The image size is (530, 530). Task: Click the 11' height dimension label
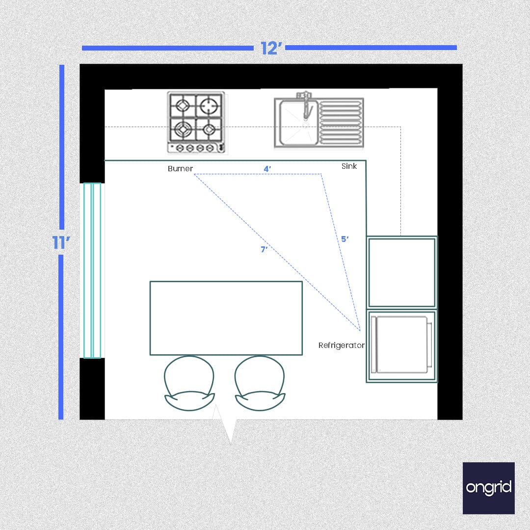(x=61, y=242)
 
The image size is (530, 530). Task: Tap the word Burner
(x=180, y=169)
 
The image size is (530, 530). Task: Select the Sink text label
(x=349, y=166)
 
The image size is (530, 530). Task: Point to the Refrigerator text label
(x=341, y=345)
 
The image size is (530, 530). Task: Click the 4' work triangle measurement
(x=267, y=169)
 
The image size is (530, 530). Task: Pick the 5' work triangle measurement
(x=345, y=239)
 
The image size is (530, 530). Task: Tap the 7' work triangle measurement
(x=264, y=249)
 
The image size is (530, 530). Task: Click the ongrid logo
(x=488, y=488)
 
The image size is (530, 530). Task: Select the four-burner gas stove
(x=196, y=122)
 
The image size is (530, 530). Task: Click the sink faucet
(x=306, y=105)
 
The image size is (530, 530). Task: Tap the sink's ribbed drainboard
(x=341, y=123)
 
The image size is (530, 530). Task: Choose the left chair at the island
(x=189, y=383)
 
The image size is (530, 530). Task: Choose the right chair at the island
(x=260, y=383)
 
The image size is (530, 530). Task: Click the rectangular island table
(x=226, y=318)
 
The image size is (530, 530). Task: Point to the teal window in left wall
(x=92, y=270)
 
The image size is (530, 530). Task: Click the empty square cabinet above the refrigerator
(x=401, y=272)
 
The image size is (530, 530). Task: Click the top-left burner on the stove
(x=183, y=106)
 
